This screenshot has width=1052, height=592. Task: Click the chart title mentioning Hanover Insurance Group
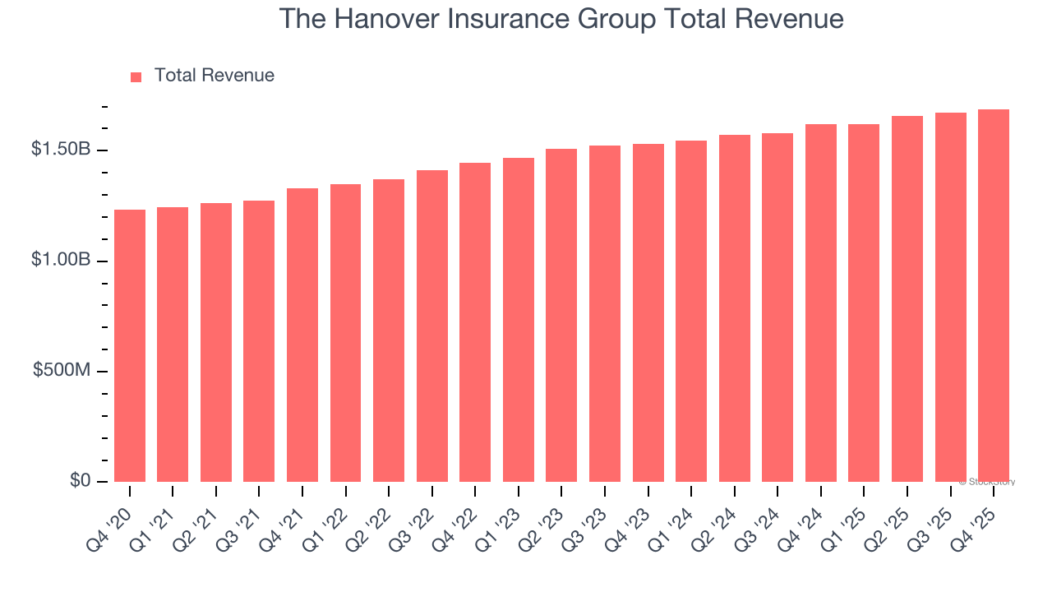pyautogui.click(x=561, y=19)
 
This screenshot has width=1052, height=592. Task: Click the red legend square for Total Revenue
pyautogui.click(x=136, y=76)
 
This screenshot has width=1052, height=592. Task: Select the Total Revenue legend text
pyautogui.click(x=214, y=76)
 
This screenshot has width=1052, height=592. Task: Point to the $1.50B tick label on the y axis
pyautogui.click(x=61, y=150)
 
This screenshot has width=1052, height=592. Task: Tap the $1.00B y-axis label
pyautogui.click(x=61, y=260)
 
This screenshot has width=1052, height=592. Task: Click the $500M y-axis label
pyautogui.click(x=62, y=370)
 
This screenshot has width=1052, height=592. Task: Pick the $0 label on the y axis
pyautogui.click(x=79, y=480)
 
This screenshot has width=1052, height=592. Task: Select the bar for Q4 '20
pyautogui.click(x=130, y=345)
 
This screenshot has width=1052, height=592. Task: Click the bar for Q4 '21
pyautogui.click(x=302, y=335)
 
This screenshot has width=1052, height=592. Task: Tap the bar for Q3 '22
pyautogui.click(x=432, y=326)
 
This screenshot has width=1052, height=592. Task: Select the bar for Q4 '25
pyautogui.click(x=994, y=295)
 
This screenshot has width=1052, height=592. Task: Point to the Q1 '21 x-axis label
pyautogui.click(x=164, y=520)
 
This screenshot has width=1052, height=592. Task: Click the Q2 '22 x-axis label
pyautogui.click(x=380, y=520)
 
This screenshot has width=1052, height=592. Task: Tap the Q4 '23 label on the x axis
pyautogui.click(x=639, y=520)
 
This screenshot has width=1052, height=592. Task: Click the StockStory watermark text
pyautogui.click(x=987, y=482)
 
